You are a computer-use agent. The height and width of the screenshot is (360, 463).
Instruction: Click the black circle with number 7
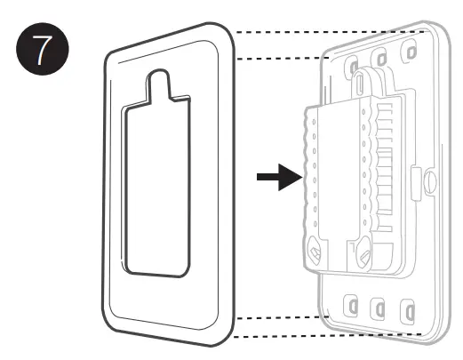(43, 49)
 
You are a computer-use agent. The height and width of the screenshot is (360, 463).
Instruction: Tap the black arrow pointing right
(280, 177)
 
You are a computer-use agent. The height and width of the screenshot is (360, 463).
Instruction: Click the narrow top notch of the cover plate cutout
(159, 84)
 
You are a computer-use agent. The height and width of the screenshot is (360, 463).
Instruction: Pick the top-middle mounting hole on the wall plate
(381, 59)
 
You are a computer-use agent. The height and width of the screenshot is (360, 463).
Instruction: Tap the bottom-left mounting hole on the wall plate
(351, 306)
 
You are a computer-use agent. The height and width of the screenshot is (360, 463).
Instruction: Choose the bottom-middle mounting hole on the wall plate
(379, 309)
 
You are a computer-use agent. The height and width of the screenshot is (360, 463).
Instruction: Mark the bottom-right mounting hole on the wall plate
(408, 312)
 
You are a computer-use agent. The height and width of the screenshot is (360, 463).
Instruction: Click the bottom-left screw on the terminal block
(315, 251)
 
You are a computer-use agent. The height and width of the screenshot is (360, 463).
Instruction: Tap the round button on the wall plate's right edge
(431, 181)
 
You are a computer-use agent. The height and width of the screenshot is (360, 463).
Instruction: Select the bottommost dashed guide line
(328, 335)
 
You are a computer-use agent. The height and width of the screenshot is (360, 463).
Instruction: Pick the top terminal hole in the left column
(314, 122)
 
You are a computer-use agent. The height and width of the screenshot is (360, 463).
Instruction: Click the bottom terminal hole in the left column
(315, 224)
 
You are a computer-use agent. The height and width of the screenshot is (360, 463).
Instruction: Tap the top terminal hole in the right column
(363, 112)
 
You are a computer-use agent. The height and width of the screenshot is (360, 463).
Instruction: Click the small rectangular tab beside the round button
(416, 184)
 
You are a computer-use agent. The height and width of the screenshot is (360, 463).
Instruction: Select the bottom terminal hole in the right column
(364, 222)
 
